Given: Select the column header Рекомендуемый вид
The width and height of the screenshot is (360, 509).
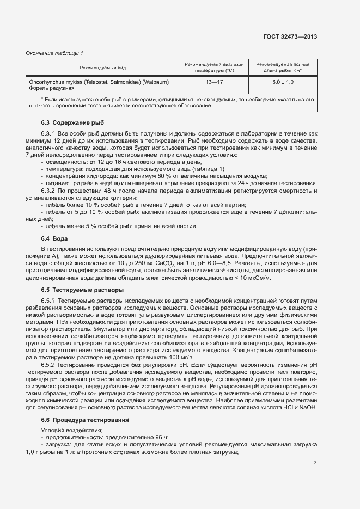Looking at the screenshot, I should (103, 68).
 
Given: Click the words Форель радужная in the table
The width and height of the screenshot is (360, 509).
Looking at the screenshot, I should (51, 88).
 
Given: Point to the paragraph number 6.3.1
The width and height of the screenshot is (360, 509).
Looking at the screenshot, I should (48, 134).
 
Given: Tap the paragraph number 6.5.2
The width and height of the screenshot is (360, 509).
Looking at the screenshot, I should (48, 364).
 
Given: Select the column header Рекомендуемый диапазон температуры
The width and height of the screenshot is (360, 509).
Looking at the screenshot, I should (215, 68).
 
